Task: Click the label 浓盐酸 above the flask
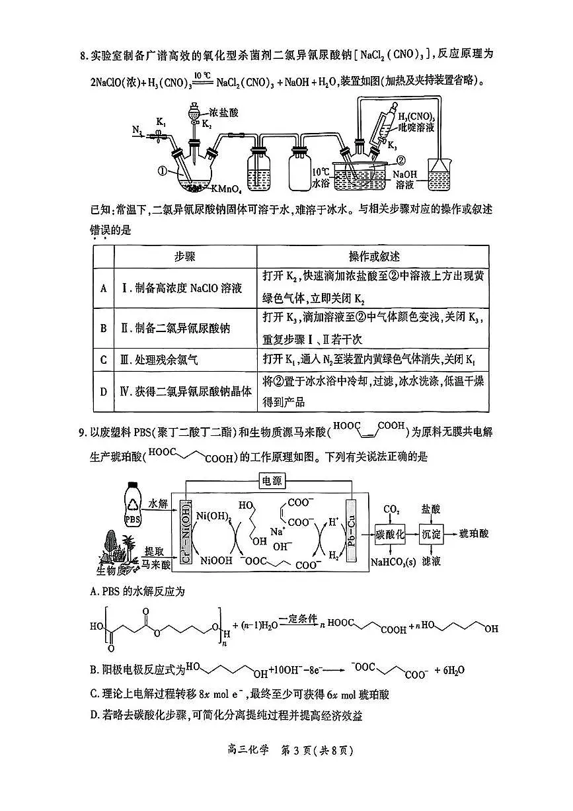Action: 223,113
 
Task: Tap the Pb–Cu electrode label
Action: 358,534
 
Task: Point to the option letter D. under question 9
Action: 95,715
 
